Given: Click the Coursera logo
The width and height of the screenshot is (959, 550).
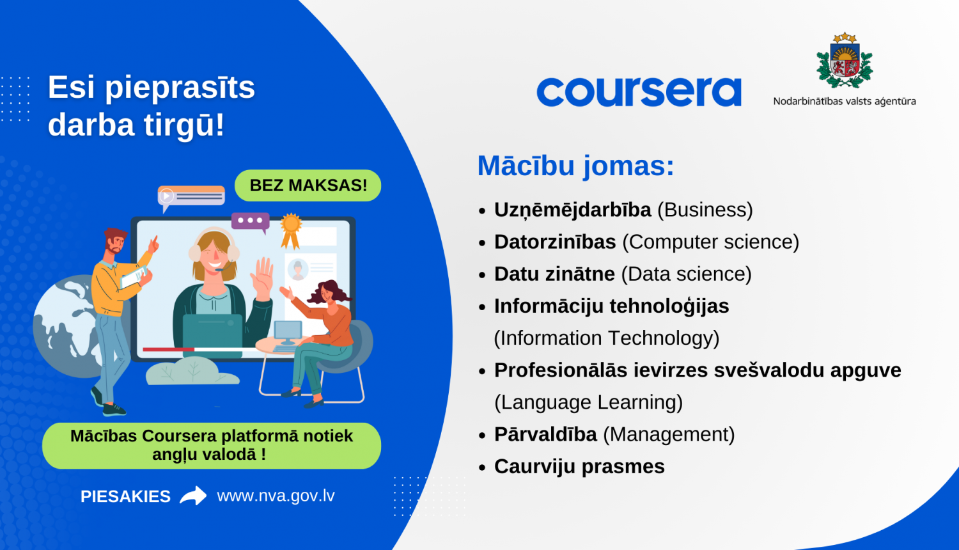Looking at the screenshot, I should click(639, 92).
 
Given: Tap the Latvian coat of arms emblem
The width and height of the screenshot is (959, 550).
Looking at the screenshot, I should click(845, 61).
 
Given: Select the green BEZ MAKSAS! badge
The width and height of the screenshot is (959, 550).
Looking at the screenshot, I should click(308, 185).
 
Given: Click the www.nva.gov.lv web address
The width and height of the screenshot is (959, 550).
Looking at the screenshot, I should click(276, 496).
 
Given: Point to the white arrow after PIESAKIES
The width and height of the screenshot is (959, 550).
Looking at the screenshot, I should click(193, 496).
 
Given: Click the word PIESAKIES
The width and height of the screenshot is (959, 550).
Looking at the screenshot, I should click(125, 496).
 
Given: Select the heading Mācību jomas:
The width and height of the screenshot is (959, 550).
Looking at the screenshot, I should click(575, 166).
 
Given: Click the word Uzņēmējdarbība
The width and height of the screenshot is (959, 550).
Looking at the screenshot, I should click(572, 210).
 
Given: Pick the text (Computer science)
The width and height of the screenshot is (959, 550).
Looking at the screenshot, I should click(710, 242).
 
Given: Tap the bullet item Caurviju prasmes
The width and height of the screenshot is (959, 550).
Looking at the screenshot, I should click(579, 466).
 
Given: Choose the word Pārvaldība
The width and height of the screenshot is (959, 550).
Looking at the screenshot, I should click(545, 434).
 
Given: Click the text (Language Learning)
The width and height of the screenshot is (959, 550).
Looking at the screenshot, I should click(588, 402).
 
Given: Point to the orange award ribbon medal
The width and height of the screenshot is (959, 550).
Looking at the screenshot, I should click(291, 229).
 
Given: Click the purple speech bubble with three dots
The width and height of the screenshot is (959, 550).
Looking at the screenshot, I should click(250, 221).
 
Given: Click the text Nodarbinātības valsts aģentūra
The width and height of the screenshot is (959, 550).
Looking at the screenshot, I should click(844, 101).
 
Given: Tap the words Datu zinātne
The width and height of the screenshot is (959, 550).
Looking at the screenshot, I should click(554, 274).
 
